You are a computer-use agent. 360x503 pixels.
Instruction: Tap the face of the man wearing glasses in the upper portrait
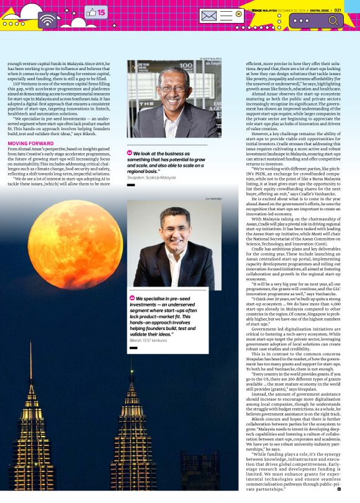(169, 94)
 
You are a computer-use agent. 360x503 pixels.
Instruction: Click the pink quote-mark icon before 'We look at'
(130, 153)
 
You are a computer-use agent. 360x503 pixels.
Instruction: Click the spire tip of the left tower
(30, 360)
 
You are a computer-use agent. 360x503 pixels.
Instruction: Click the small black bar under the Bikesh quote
(132, 349)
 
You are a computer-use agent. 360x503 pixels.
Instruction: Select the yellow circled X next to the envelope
(238, 13)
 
